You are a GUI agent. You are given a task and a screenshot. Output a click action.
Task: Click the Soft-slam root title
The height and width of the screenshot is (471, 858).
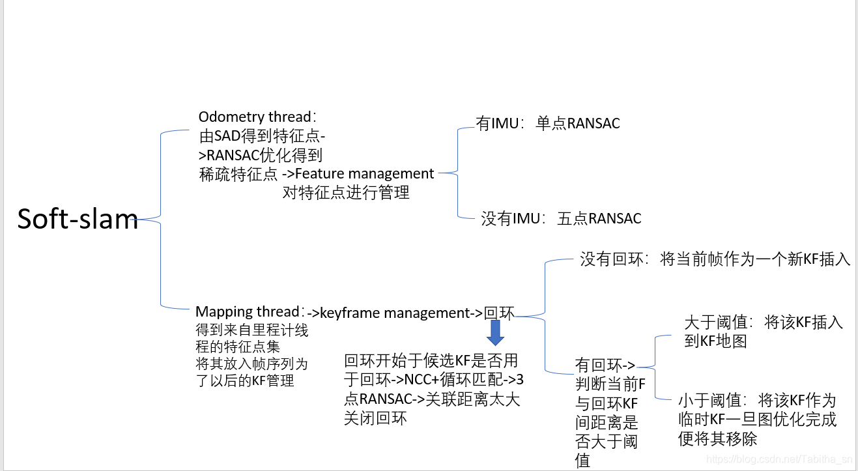pos(78,219)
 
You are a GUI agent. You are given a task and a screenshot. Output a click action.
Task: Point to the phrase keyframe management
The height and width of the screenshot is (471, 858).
pos(395,313)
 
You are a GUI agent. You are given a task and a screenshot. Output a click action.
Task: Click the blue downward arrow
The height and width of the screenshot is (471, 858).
pos(495,333)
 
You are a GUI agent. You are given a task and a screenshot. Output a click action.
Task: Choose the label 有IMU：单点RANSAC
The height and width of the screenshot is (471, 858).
pos(548,123)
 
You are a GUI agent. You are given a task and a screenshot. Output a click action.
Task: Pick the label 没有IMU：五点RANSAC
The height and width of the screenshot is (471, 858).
pos(561,219)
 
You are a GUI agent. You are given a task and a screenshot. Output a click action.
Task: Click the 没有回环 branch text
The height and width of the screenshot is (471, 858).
pos(715,259)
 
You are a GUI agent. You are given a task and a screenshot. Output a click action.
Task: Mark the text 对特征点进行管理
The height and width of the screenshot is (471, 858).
pos(346,193)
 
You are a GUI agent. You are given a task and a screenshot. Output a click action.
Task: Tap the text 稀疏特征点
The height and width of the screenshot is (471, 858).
pos(238,175)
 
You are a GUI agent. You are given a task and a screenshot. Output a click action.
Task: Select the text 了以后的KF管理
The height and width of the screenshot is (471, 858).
pos(245,380)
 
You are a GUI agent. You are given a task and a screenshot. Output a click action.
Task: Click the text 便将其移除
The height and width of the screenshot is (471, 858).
pos(718,439)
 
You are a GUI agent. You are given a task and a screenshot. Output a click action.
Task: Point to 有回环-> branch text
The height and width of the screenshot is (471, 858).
pos(605,364)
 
